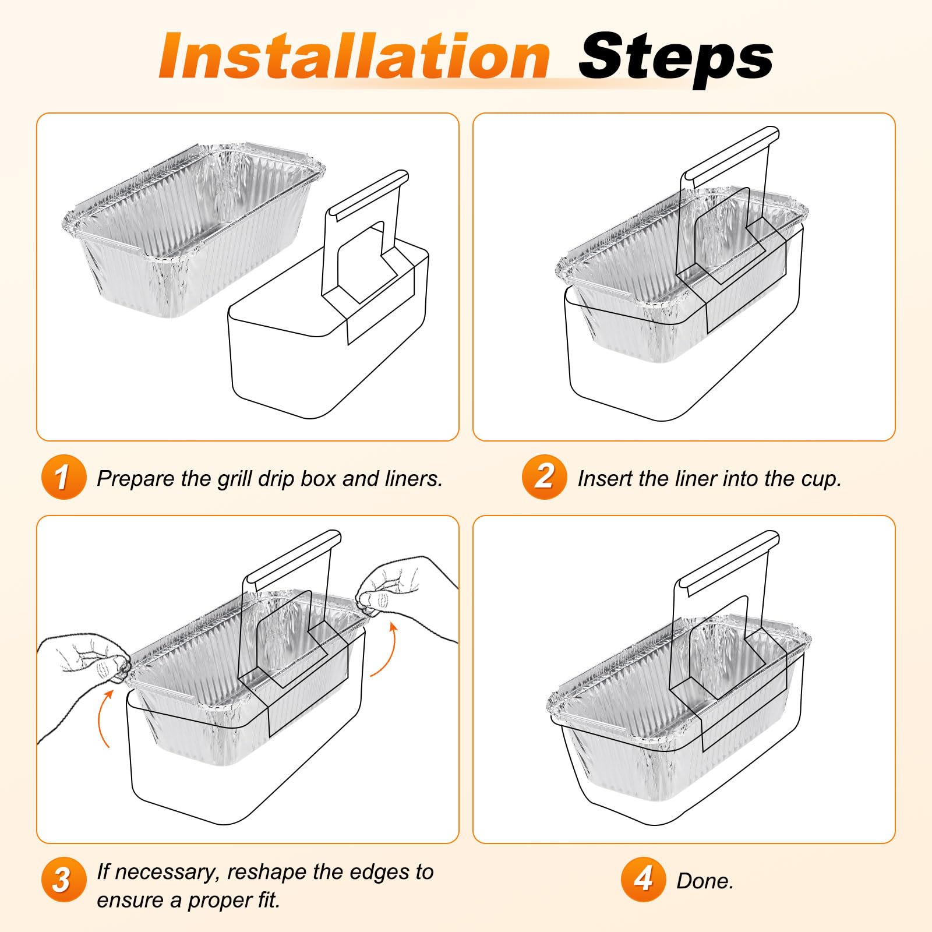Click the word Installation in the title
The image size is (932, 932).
pos(354,56)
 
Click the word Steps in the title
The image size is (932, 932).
pos(676,58)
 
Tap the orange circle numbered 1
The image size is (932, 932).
pos(63,477)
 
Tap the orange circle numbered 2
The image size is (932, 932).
pos(544,477)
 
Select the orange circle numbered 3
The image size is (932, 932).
pos(63,880)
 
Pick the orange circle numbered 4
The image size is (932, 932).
pos(643,880)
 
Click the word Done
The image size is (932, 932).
pos(705,881)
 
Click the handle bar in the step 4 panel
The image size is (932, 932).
pos(728,562)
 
